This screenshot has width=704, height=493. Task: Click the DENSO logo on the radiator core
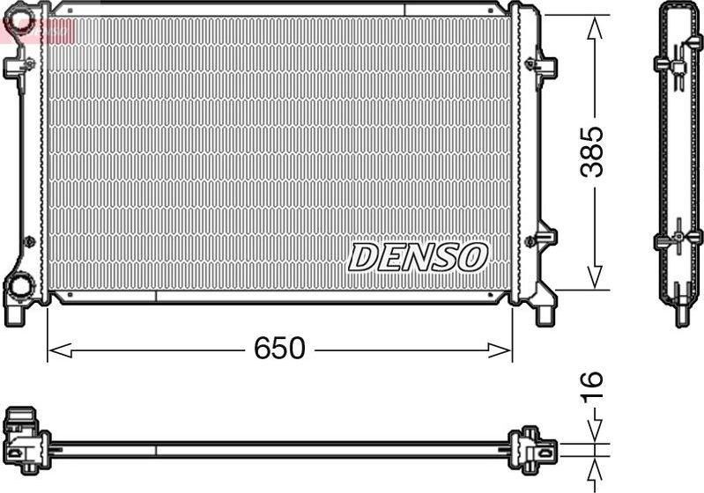tap(418, 257)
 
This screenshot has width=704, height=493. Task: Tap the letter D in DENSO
tap(364, 257)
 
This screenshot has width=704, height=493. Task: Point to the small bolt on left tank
tap(29, 240)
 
